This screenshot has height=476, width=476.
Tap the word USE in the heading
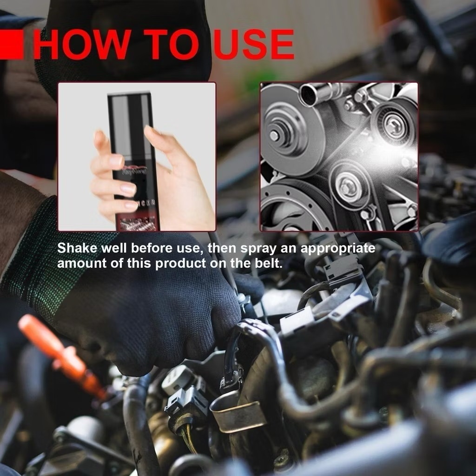(x=253, y=45)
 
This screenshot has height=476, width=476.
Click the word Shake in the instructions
(x=74, y=248)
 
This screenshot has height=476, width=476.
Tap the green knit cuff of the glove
(x=33, y=260)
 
